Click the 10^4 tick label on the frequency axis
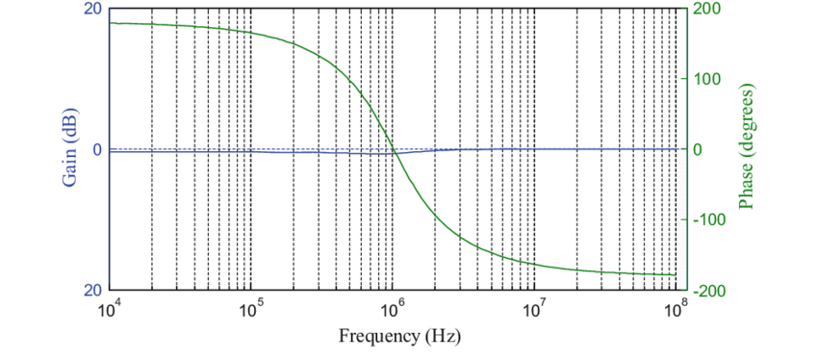pos(110,310)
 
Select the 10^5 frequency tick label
pos(251,310)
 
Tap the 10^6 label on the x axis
pos(393,310)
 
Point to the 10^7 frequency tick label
pos(533,310)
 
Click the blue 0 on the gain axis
pos(97,150)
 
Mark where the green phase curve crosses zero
pos(396,150)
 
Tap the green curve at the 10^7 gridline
pos(533,263)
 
